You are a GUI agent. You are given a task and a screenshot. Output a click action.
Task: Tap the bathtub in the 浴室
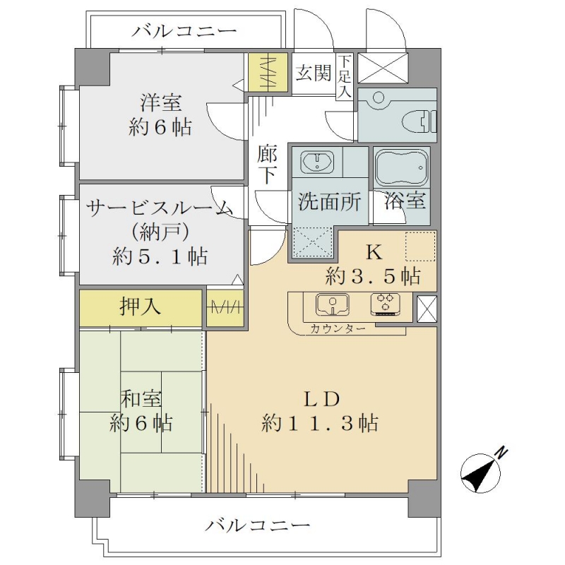tap(402, 168)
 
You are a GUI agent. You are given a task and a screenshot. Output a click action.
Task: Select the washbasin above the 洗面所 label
tap(317, 162)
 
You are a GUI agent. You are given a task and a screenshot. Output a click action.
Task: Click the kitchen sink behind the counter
tap(332, 305)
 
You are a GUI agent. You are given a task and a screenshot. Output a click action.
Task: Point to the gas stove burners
tap(385, 304)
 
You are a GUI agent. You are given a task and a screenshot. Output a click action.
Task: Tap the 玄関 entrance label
tap(313, 73)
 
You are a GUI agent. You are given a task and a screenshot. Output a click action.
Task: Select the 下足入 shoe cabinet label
tap(345, 77)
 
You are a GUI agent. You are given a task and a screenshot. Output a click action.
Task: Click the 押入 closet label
tap(140, 307)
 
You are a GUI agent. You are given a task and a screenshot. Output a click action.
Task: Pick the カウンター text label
tap(338, 328)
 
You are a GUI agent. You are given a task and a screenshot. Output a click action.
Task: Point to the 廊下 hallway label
tap(267, 164)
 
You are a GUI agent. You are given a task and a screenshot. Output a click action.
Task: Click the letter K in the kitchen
tap(374, 252)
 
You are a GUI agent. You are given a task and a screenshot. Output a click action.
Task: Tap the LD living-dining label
tap(322, 399)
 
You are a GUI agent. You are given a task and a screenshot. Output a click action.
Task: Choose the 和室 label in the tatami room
tap(141, 398)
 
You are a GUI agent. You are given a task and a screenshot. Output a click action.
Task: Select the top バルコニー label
tap(184, 31)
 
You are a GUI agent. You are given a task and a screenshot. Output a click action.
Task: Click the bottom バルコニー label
tap(257, 525)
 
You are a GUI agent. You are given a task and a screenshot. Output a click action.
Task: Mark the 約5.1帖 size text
tap(160, 256)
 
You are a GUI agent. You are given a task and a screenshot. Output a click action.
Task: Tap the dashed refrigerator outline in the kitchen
tap(420, 246)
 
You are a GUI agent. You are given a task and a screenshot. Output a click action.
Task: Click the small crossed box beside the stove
tap(427, 309)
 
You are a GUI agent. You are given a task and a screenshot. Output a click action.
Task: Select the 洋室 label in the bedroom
tap(161, 102)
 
